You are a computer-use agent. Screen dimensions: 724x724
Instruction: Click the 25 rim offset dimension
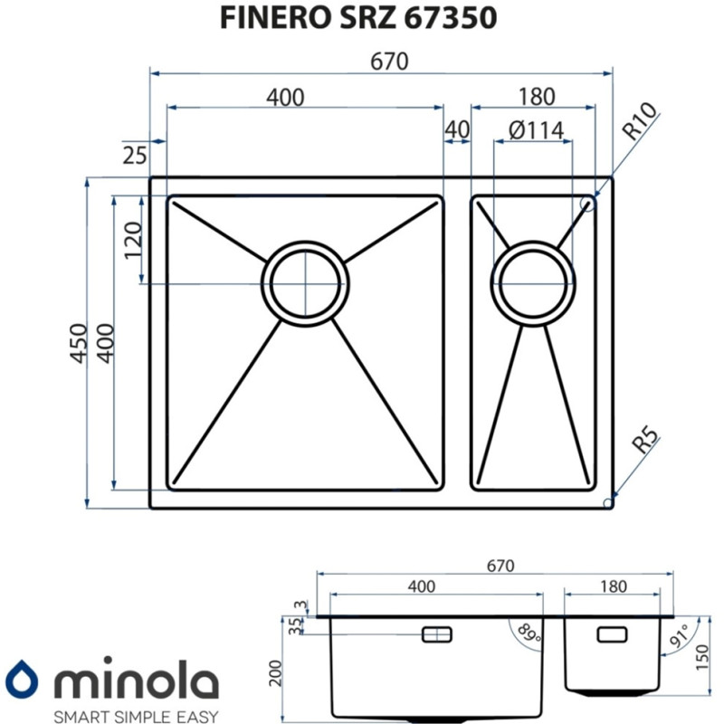tap(134, 155)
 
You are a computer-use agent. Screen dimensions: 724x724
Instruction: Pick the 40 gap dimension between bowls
tap(457, 130)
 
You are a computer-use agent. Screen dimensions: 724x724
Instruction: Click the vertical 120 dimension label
tap(133, 242)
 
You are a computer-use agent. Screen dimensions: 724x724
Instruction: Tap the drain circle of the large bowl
tap(305, 281)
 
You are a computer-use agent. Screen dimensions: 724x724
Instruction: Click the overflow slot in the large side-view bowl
tap(439, 634)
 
